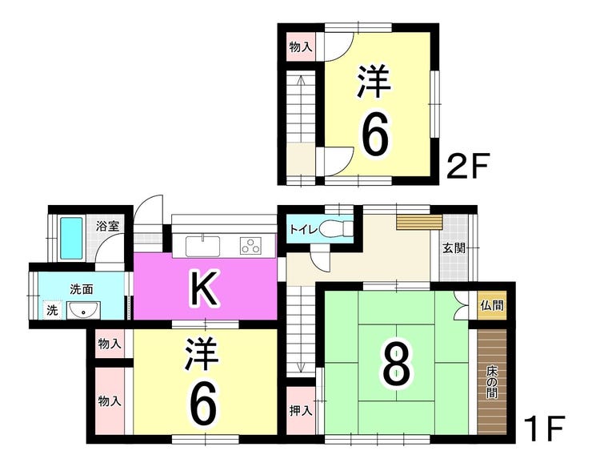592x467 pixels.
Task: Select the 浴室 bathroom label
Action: click(107, 226)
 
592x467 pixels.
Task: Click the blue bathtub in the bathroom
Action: click(72, 237)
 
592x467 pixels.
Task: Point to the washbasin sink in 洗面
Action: click(82, 311)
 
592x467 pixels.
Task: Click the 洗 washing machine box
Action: click(51, 310)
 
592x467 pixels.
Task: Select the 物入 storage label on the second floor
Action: click(300, 47)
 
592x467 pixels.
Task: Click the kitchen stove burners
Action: click(251, 245)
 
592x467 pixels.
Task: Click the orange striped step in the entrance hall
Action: click(419, 222)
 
